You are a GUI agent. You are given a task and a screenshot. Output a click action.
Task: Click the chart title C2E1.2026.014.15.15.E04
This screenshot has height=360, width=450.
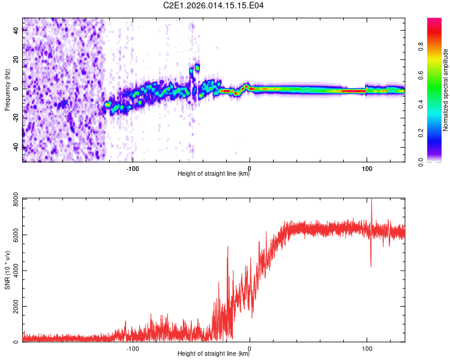[214, 6]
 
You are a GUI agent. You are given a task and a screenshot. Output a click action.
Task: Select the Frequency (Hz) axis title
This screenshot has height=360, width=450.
[7, 89]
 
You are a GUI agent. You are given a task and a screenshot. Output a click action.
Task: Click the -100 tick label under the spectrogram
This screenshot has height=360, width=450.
[133, 168]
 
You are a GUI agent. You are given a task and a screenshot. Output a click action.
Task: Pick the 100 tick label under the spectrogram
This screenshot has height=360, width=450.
[367, 168]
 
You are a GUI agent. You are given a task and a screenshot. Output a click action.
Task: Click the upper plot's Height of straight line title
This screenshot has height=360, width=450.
[214, 175]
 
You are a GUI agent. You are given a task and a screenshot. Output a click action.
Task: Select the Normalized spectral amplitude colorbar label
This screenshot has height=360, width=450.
[445, 90]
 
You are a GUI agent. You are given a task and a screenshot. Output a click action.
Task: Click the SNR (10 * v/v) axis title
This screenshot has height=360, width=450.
[7, 270]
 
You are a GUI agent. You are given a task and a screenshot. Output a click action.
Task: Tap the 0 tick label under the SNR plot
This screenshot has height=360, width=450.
[250, 348]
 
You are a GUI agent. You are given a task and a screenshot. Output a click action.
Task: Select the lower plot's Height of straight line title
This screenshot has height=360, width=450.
[214, 355]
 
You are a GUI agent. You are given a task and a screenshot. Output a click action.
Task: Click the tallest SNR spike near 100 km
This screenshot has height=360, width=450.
[371, 202]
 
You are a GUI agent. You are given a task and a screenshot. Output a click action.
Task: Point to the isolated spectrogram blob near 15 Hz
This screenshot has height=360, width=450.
[197, 68]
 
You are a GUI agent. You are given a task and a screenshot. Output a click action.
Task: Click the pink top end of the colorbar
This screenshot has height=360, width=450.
[434, 22]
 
